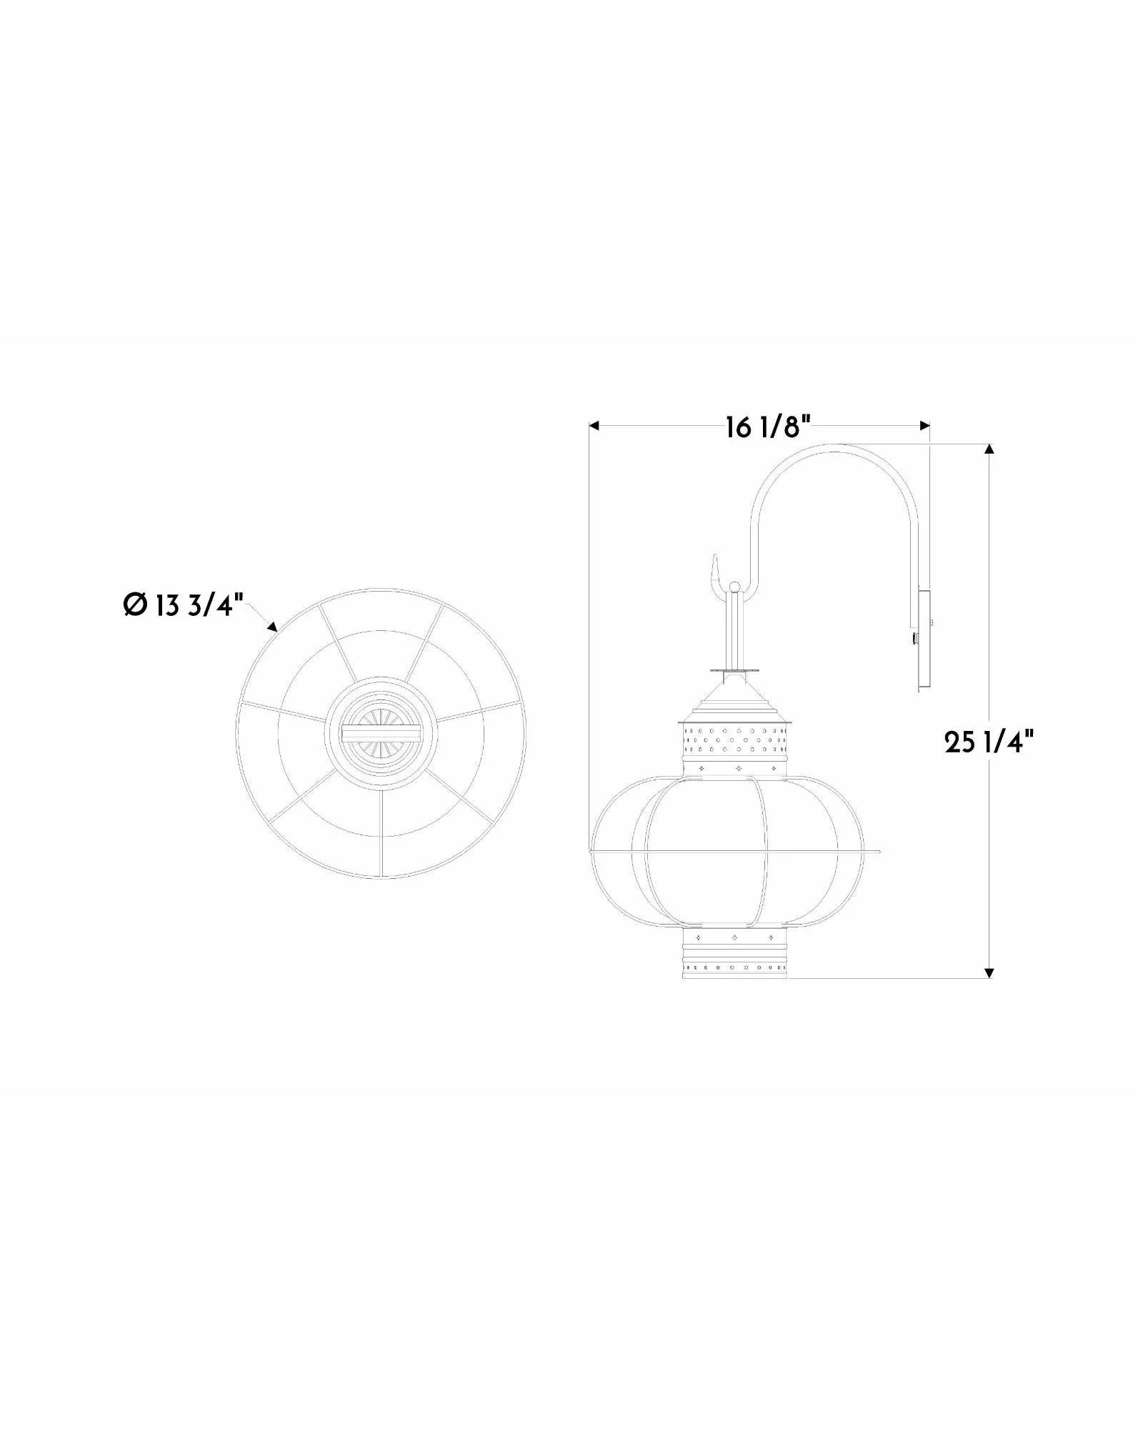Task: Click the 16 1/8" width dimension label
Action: pos(768,429)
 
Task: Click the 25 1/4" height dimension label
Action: pos(989,743)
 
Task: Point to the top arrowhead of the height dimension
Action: pos(989,450)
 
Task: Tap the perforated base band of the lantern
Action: pos(736,968)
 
